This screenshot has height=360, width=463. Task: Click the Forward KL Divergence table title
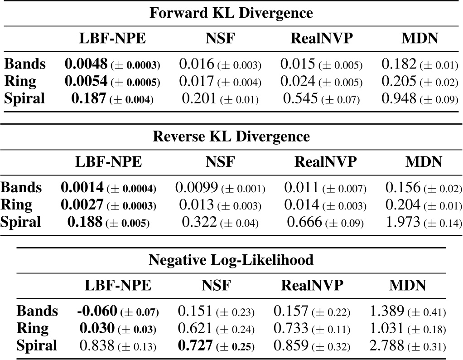[231, 13]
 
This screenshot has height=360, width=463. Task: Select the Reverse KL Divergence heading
[231, 136]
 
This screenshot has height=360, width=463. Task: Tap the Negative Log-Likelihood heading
[231, 260]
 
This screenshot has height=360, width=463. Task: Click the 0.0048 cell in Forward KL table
[86, 64]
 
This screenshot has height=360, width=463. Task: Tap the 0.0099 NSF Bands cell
[196, 187]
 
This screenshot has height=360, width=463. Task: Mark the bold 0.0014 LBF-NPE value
[82, 187]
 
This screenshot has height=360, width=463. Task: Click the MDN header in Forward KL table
[420, 39]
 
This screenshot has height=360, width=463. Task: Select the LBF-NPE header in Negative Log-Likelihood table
[118, 285]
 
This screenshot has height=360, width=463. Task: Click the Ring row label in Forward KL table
[20, 81]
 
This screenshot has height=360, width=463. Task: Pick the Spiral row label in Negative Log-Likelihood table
[37, 345]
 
